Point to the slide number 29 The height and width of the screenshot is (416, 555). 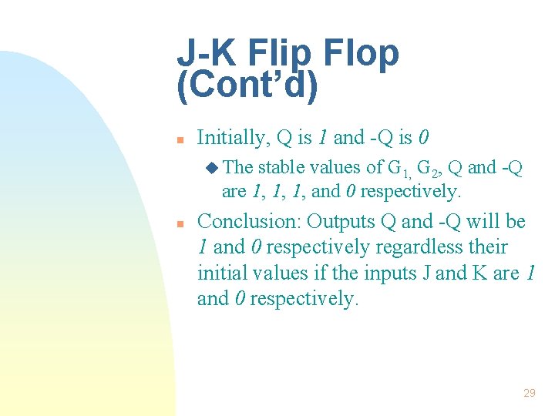pos(529,393)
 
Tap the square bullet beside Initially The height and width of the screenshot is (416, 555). pos(179,140)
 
